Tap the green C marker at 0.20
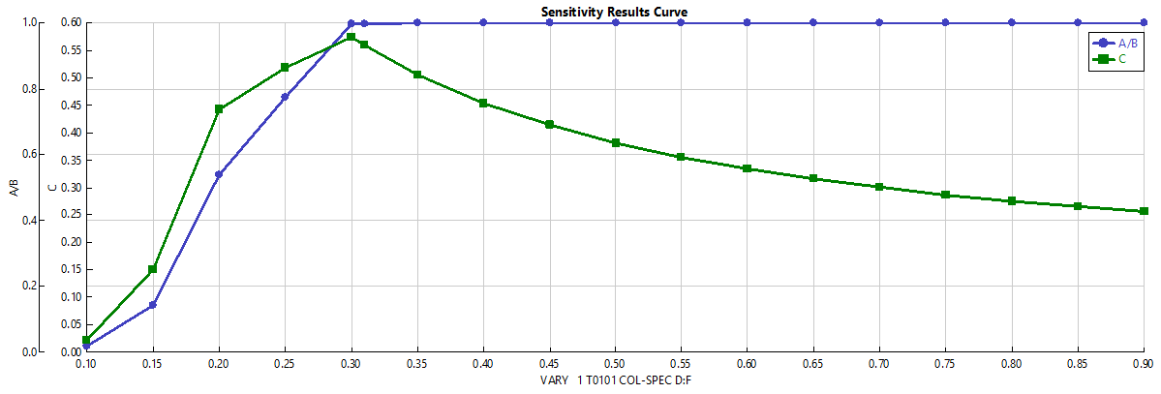(x=219, y=109)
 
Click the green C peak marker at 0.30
(x=351, y=38)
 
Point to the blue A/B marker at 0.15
(x=153, y=305)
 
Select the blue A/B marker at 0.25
(x=285, y=97)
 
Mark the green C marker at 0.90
(x=1144, y=211)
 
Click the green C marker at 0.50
(x=615, y=143)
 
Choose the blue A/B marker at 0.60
(x=747, y=22)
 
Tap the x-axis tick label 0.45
(x=549, y=364)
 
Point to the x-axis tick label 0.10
(x=87, y=364)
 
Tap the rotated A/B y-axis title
(x=13, y=187)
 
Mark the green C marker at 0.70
(x=879, y=187)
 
